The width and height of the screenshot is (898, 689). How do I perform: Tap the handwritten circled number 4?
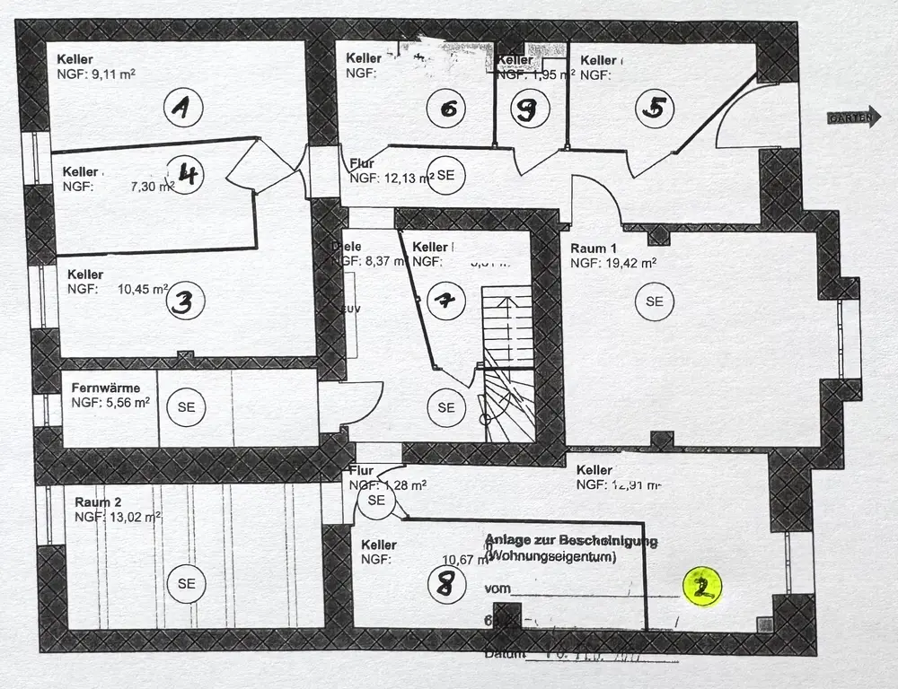tap(187, 173)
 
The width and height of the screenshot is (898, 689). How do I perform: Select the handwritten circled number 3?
tap(182, 302)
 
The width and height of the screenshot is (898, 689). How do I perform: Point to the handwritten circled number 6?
tap(448, 109)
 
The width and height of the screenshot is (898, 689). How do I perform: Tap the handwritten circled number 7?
tap(445, 301)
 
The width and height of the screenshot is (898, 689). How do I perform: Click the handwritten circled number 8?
tap(446, 585)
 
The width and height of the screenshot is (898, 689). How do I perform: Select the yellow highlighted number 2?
tap(702, 587)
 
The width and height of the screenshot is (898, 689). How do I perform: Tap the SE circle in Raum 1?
tap(654, 301)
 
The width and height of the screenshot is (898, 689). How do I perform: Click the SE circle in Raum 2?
tap(186, 583)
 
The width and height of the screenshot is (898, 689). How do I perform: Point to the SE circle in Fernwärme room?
tap(186, 406)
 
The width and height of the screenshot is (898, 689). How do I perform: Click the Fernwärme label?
tap(106, 388)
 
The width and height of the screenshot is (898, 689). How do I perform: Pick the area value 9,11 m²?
tap(112, 74)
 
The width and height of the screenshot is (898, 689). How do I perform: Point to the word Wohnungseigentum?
tap(550, 557)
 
